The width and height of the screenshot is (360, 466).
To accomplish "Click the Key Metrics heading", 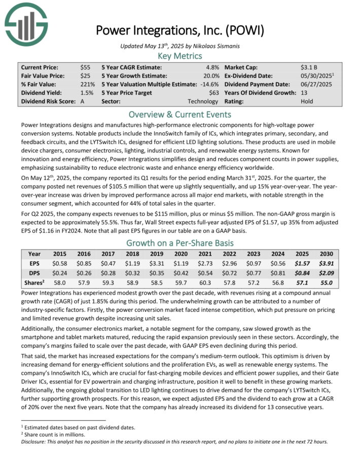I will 179,56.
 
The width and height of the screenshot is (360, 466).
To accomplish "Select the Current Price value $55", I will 85,67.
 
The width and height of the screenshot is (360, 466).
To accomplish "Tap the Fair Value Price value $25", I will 85,76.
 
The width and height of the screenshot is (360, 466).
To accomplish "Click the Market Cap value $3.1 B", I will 309,67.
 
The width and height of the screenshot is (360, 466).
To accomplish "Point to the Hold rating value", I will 306,101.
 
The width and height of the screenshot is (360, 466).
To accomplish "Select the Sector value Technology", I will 203,101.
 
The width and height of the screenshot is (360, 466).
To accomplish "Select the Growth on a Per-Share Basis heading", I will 179,242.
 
